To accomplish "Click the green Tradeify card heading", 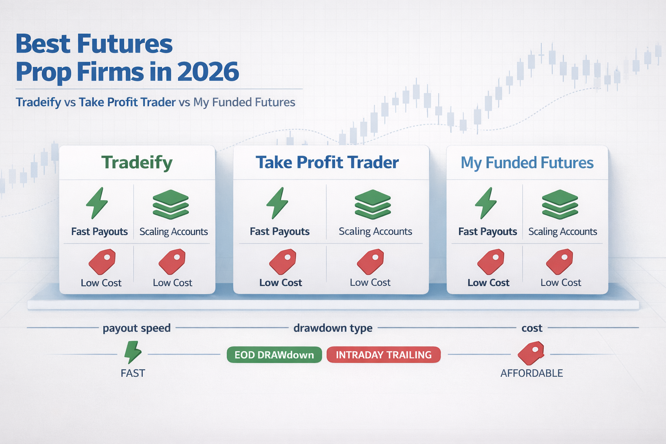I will click(137, 163).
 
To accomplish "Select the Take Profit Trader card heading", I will click(327, 163).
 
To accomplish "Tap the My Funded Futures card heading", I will click(527, 163).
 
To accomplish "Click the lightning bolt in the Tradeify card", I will click(97, 203).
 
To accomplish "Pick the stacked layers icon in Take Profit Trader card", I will click(373, 204).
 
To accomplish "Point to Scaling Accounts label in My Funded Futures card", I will click(562, 232).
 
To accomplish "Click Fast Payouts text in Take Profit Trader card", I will click(280, 232).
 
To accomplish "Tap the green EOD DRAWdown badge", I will click(274, 355).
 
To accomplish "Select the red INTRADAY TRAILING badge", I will click(384, 355).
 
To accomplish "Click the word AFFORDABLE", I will click(532, 373).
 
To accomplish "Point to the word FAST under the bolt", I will click(133, 373).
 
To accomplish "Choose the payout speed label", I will click(137, 328).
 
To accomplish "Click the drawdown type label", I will click(333, 328).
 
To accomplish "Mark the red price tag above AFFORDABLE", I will click(531, 353).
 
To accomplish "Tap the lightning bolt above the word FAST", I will click(133, 352).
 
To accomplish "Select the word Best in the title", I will click(43, 44).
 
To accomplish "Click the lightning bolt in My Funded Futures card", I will click(486, 203).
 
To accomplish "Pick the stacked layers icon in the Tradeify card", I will click(171, 204).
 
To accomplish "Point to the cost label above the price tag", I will click(532, 328).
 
